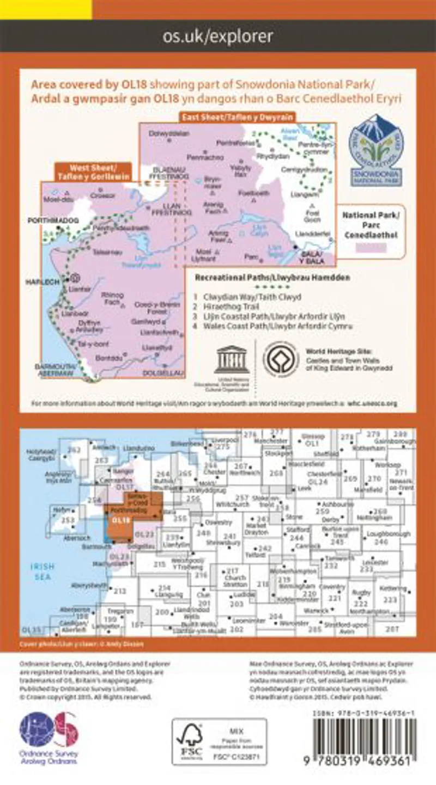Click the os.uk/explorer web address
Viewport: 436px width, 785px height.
coord(218,36)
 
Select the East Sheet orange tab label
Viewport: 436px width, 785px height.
coord(237,117)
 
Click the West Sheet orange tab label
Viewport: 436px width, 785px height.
coord(93,172)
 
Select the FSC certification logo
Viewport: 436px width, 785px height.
coord(190,742)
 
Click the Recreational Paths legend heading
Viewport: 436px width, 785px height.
coord(272,278)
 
